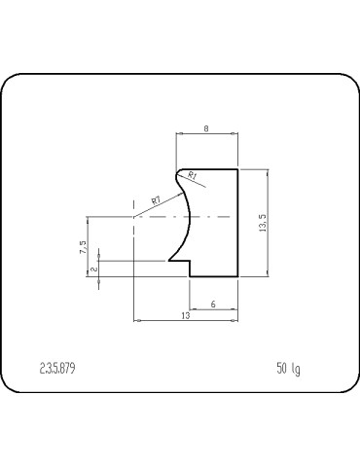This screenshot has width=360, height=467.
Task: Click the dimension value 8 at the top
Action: click(x=207, y=126)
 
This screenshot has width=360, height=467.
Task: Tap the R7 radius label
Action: click(x=156, y=199)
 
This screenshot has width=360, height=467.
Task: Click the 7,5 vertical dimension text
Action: click(x=84, y=247)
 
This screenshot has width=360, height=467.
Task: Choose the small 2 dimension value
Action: click(x=93, y=269)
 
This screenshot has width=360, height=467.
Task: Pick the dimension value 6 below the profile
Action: click(x=213, y=305)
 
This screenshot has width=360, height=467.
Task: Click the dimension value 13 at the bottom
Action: click(x=185, y=317)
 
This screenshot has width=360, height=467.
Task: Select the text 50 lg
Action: click(x=288, y=369)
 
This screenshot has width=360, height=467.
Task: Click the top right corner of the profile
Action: click(x=239, y=168)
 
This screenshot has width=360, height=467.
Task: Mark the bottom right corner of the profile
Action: click(x=239, y=276)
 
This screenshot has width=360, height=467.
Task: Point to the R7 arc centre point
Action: click(x=132, y=218)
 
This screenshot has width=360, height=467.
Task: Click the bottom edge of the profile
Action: click(x=214, y=276)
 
